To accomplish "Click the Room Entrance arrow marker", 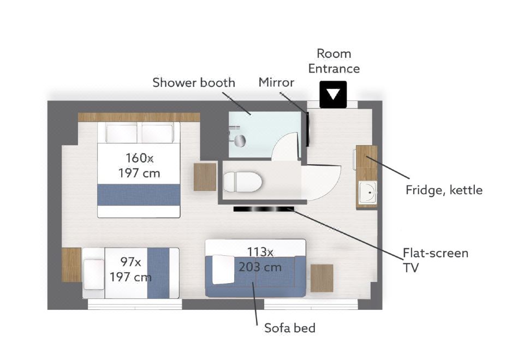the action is pyautogui.click(x=333, y=94).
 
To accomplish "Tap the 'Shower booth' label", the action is pyautogui.click(x=194, y=82).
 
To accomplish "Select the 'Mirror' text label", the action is pyautogui.click(x=276, y=82).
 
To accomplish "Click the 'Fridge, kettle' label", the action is pyautogui.click(x=444, y=190).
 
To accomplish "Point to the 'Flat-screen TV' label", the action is pyautogui.click(x=436, y=260).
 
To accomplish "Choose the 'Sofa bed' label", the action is pyautogui.click(x=290, y=328).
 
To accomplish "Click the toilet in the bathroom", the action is pyautogui.click(x=242, y=182).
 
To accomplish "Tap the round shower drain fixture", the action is pyautogui.click(x=240, y=141).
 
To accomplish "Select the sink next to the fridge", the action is pyautogui.click(x=367, y=193).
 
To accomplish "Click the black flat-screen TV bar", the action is pyautogui.click(x=264, y=209).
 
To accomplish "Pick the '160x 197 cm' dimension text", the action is pyautogui.click(x=139, y=165).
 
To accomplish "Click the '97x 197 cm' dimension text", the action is pyautogui.click(x=130, y=269).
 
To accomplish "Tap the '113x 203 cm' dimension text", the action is pyautogui.click(x=260, y=260).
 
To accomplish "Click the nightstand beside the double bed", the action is pyautogui.click(x=205, y=177).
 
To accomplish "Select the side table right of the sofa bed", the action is pyautogui.click(x=322, y=278).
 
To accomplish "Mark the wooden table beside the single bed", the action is pyautogui.click(x=72, y=265).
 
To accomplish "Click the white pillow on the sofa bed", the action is pyautogui.click(x=223, y=269).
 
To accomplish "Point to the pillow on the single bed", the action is pyautogui.click(x=93, y=274).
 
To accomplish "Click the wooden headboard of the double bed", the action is pyautogui.click(x=139, y=117).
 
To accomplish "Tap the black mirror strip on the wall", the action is pyautogui.click(x=307, y=129).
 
